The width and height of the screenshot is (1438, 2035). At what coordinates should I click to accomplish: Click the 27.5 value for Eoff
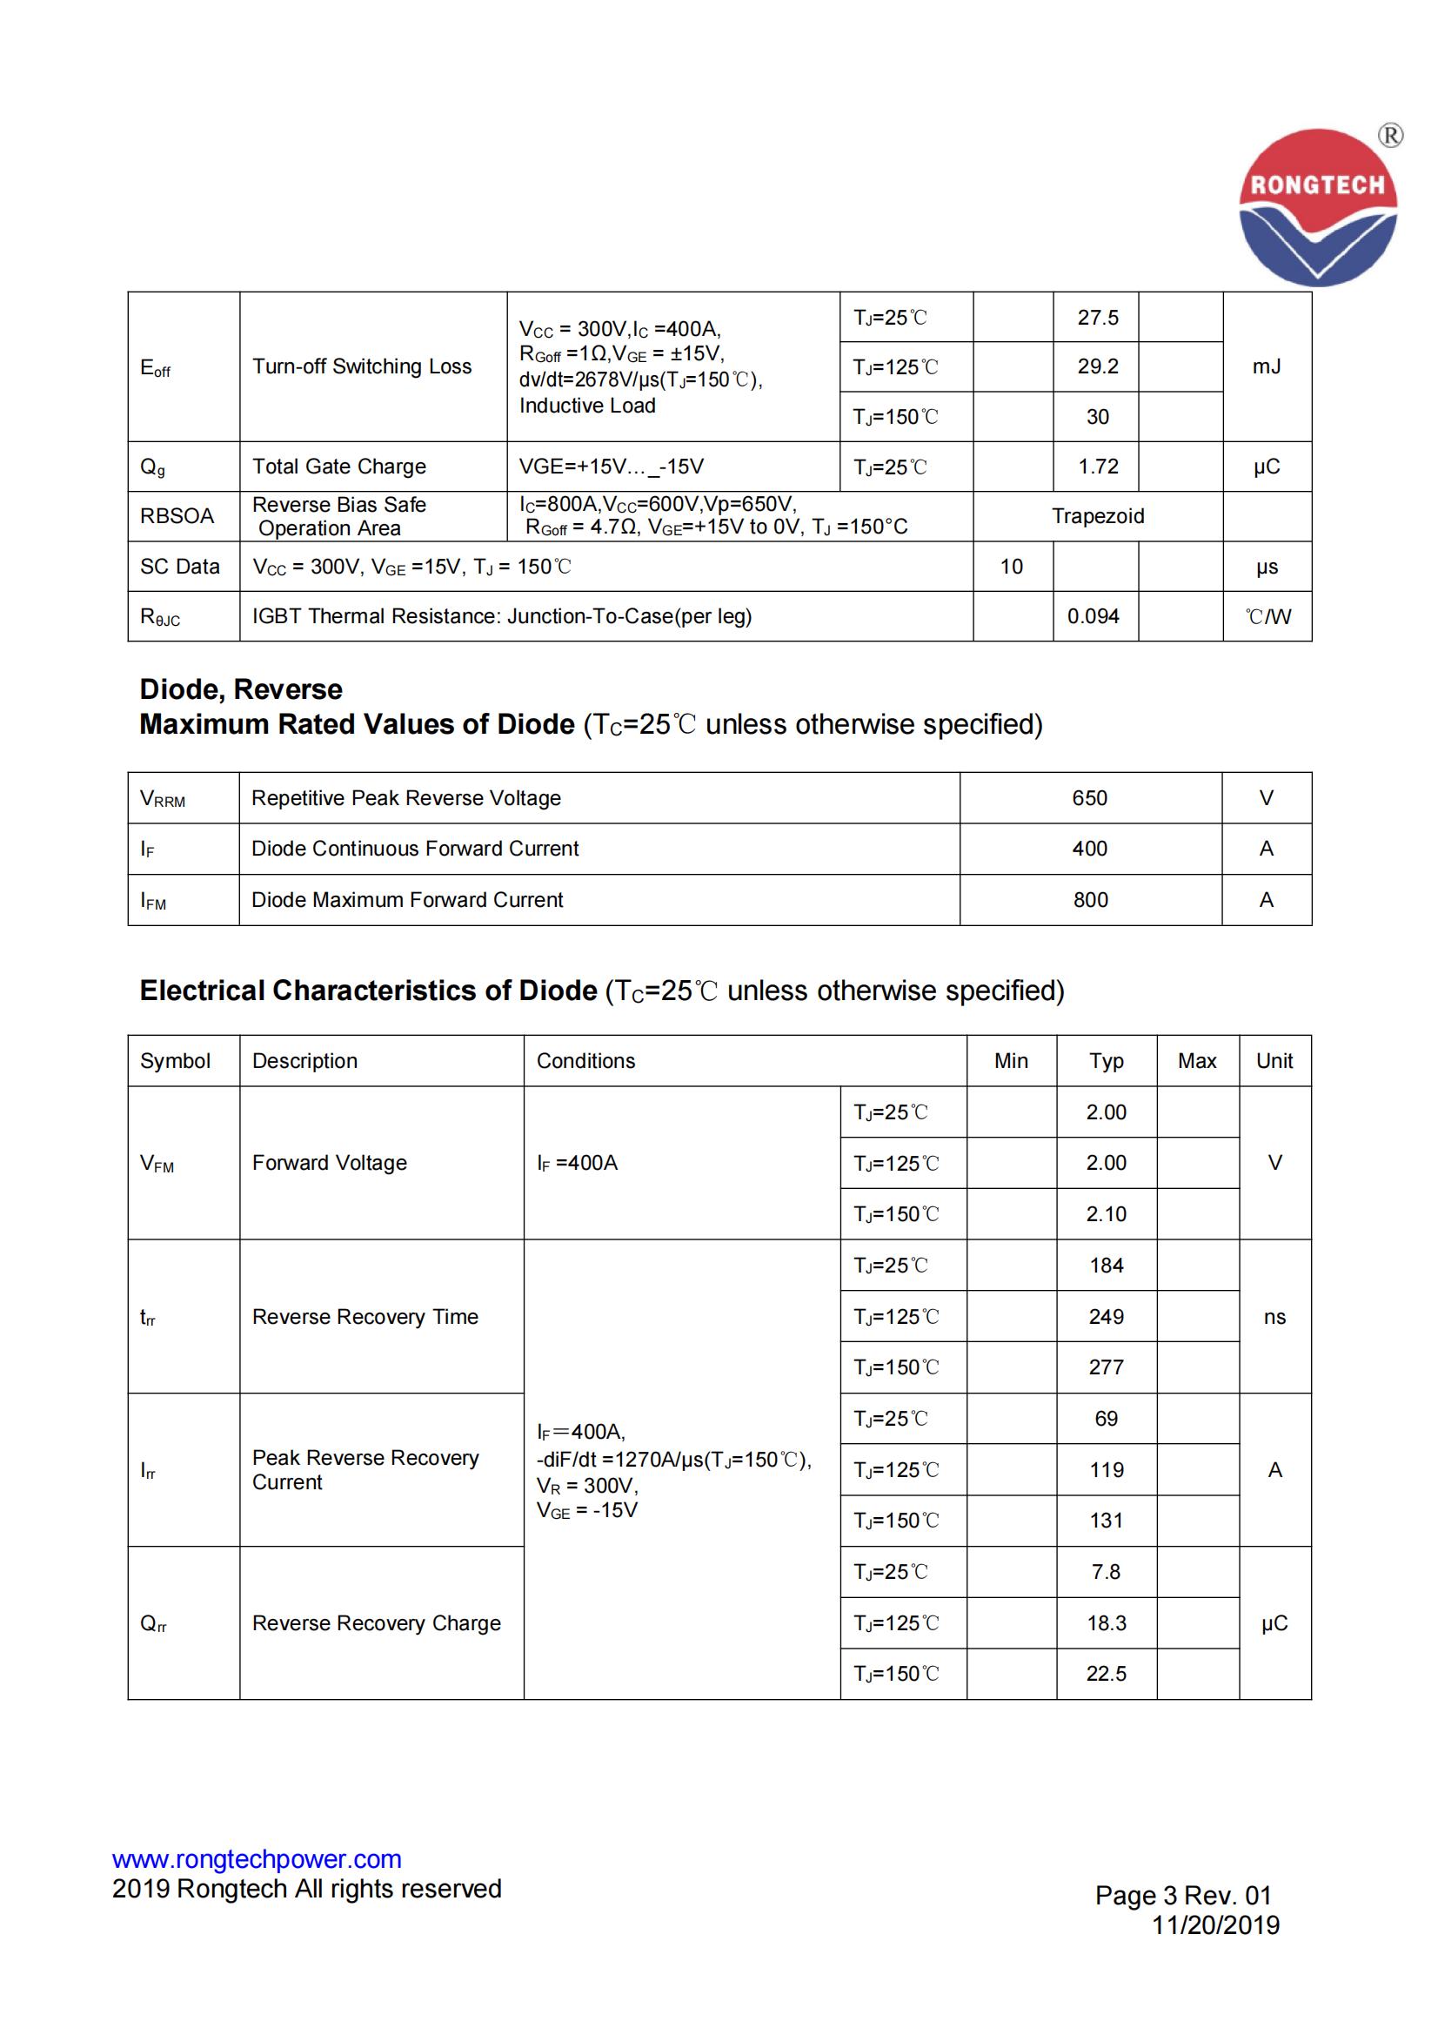pos(1097,318)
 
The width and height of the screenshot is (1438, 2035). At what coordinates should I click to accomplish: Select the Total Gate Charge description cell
pos(338,467)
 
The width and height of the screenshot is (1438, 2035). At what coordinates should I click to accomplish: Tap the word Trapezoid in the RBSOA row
pos(1097,516)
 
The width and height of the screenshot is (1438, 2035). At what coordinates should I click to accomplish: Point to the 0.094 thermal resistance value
pos(1093,616)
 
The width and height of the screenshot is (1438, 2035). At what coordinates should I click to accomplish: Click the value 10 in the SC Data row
pos(1011,567)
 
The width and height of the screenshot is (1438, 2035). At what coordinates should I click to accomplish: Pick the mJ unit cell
pos(1266,366)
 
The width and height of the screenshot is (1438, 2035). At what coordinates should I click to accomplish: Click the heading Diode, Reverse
pos(241,688)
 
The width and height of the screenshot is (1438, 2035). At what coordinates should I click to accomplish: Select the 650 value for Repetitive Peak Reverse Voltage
pos(1089,797)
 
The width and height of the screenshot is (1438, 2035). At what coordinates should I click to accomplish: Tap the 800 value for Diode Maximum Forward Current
pos(1090,900)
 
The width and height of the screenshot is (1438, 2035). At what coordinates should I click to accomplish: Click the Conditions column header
pos(585,1061)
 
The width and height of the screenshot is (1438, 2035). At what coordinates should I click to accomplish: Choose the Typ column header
pos(1106,1061)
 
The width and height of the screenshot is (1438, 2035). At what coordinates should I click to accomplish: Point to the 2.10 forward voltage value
pos(1106,1213)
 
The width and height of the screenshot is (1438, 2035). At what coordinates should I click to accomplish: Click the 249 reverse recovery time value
pos(1106,1316)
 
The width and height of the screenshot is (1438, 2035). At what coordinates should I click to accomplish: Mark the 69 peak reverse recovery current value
pos(1106,1418)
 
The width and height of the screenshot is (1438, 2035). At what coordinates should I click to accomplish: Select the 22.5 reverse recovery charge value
pos(1106,1674)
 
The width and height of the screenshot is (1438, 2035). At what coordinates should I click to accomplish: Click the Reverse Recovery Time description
pos(365,1316)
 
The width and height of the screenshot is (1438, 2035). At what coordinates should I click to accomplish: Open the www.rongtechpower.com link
pos(257,1858)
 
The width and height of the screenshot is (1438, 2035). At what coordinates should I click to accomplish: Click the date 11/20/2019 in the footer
pos(1214,1925)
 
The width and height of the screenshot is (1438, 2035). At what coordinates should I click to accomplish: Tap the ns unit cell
pos(1274,1316)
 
